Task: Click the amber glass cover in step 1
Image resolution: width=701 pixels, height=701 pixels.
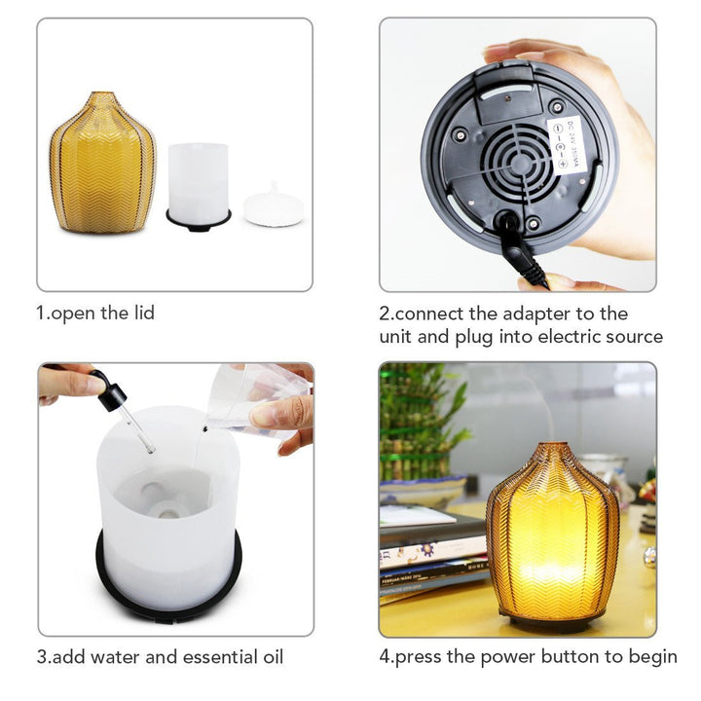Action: point(102,164)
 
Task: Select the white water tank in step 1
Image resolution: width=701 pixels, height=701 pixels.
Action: point(198,181)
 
